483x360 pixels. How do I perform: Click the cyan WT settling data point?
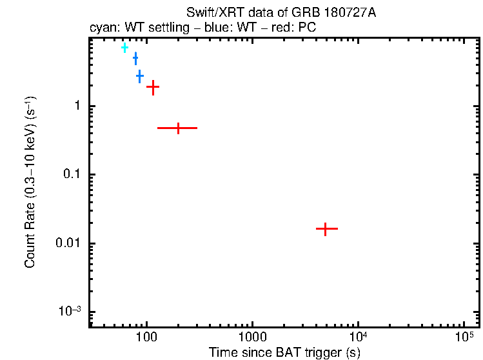pyautogui.click(x=124, y=48)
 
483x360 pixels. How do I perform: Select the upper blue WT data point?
pyautogui.click(x=135, y=59)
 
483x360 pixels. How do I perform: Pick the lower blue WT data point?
pyautogui.click(x=139, y=77)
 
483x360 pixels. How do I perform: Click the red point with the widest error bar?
pyautogui.click(x=177, y=128)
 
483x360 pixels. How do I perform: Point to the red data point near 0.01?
pyautogui.click(x=326, y=229)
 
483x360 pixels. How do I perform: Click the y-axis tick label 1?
pyautogui.click(x=75, y=106)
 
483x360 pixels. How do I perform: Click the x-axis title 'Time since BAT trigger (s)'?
pyautogui.click(x=284, y=353)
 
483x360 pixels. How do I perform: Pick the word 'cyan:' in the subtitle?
pyautogui.click(x=103, y=28)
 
